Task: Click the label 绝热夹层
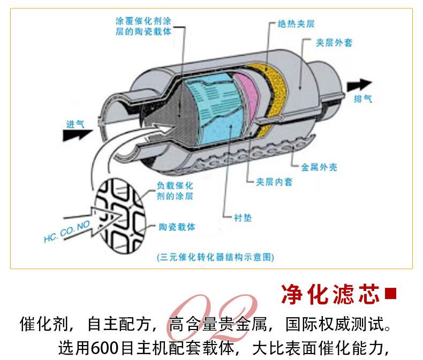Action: [x=296, y=24]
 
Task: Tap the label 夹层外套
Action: [x=334, y=43]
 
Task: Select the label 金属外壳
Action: [x=319, y=167]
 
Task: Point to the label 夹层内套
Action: [x=274, y=182]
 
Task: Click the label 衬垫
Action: [x=243, y=218]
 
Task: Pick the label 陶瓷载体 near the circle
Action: [x=177, y=227]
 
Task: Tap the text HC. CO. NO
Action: [x=66, y=232]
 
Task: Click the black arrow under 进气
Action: [x=78, y=135]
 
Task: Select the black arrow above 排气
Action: [x=359, y=85]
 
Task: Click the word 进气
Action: [x=75, y=124]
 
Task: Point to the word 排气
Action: [x=363, y=99]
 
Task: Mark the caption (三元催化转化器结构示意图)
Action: [x=215, y=257]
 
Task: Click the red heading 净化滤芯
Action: [x=330, y=294]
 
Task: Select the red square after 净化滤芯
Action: [x=391, y=294]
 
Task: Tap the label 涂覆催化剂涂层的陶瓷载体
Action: [x=143, y=26]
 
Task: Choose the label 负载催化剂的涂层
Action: [x=175, y=191]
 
